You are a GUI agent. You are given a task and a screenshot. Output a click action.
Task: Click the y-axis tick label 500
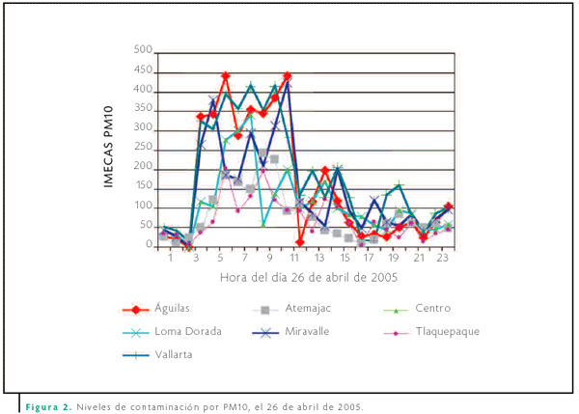[x=142, y=50]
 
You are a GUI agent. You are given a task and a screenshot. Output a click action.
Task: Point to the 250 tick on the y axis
[x=142, y=148]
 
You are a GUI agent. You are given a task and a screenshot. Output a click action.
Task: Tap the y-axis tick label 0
[x=149, y=245]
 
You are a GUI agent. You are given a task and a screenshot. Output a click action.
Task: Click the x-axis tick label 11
[x=295, y=260]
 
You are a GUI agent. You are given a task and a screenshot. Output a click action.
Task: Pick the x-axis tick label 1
[x=171, y=260]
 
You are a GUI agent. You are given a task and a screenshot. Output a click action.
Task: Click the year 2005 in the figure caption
[x=348, y=406]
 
